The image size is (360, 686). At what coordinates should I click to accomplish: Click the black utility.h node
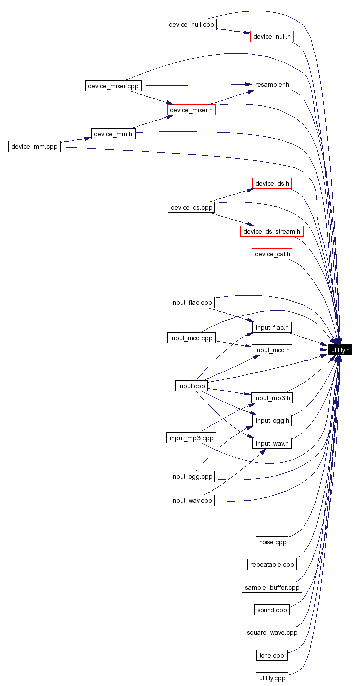coord(340,350)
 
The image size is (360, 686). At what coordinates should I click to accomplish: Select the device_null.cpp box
coord(191,24)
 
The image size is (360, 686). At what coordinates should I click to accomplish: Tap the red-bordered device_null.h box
coord(272,36)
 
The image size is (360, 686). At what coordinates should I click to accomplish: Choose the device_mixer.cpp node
coord(113,86)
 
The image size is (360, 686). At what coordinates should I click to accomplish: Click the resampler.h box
coord(272,84)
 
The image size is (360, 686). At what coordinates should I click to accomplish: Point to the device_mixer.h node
coord(191,110)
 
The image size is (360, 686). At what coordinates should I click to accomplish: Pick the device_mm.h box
coord(113,134)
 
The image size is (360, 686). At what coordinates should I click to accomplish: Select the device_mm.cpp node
coord(34,146)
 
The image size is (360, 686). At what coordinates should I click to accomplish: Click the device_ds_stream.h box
coord(272,231)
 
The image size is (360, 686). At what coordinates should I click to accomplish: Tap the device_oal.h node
coord(272,254)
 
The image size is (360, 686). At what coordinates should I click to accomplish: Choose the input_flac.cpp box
coord(191,302)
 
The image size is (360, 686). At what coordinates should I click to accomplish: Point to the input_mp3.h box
coord(272,398)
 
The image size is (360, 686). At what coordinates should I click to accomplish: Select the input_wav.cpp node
coord(191,500)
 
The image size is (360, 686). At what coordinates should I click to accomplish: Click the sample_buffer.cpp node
coord(272,587)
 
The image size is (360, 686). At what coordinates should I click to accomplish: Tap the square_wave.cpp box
coord(272,632)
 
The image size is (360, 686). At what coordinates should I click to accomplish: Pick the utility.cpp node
coord(272,678)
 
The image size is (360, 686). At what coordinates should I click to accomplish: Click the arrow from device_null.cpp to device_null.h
coord(233,31)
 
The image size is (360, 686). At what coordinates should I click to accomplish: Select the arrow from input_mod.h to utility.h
coord(310,350)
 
